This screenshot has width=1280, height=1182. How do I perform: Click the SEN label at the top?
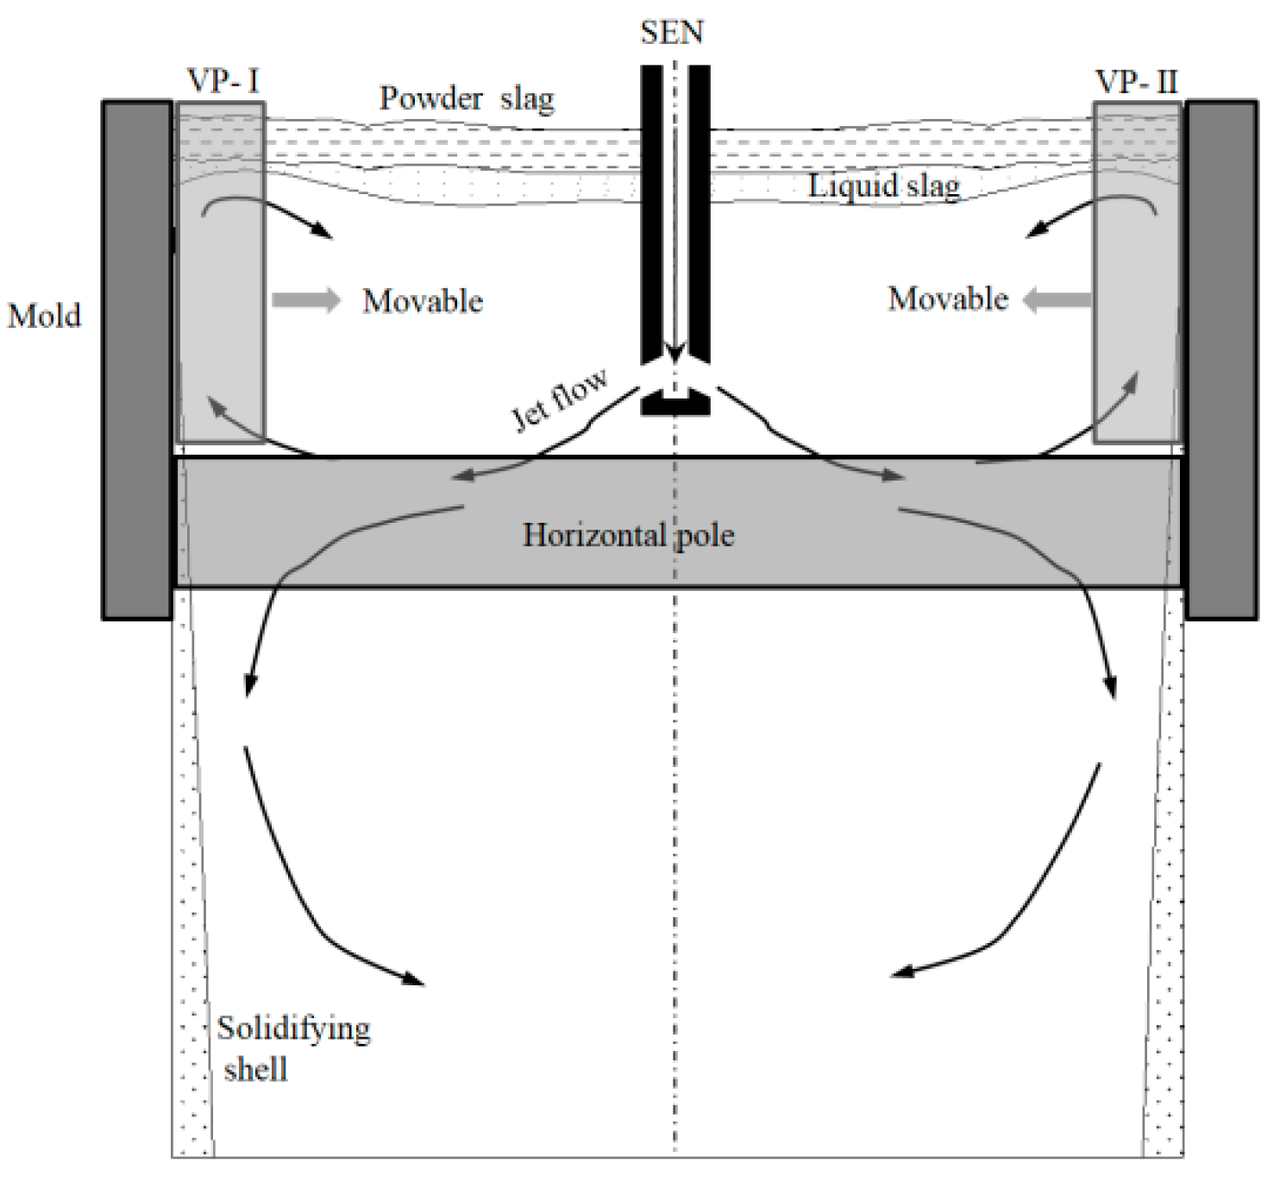(x=672, y=33)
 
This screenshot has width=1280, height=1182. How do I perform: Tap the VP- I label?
(x=223, y=81)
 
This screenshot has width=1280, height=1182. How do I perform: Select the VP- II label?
(x=1136, y=81)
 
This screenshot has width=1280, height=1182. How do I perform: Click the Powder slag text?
(x=467, y=98)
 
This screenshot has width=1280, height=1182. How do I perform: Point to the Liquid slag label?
(x=883, y=185)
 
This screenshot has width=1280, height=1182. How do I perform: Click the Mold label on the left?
(x=44, y=316)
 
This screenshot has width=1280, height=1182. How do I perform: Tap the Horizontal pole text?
(x=629, y=536)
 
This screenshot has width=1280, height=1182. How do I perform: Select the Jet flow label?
(x=560, y=398)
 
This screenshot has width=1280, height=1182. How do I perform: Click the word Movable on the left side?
(x=422, y=301)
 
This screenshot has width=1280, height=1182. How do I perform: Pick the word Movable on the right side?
(x=948, y=299)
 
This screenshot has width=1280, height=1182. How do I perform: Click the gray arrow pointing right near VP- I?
(x=305, y=300)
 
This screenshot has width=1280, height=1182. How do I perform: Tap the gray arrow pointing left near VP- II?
(x=1057, y=300)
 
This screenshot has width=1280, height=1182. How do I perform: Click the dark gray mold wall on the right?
(x=1221, y=360)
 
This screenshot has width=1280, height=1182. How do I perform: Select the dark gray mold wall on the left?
(x=136, y=360)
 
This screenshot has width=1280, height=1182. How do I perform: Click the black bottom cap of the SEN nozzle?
(x=675, y=403)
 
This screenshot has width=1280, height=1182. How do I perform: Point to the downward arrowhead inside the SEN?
(x=675, y=353)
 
